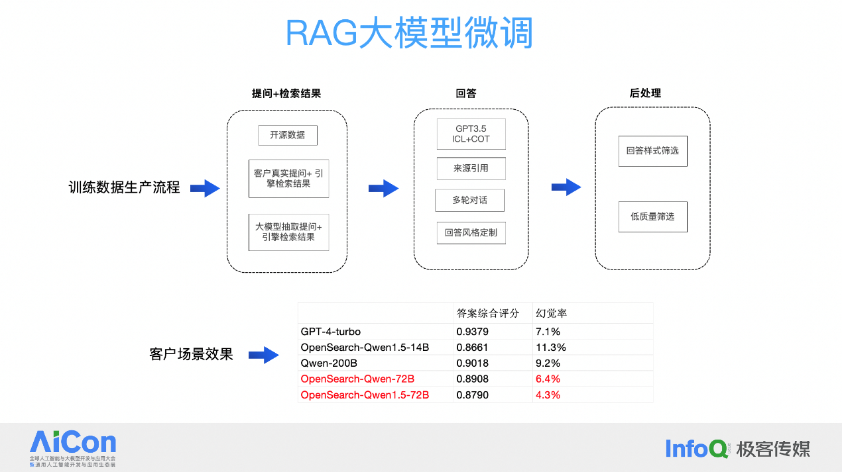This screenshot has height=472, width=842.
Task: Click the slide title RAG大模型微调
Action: pos(409,33)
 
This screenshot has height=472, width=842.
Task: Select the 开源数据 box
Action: pos(287,135)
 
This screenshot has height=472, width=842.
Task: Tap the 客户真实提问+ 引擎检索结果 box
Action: pos(288,178)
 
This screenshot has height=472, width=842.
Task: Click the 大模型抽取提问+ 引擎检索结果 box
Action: pos(288,232)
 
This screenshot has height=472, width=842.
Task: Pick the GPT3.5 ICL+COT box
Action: pos(471,134)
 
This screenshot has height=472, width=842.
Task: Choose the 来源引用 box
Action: pos(471,169)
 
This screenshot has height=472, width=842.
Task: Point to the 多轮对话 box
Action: pos(469,200)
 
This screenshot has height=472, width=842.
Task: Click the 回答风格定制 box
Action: pos(471,232)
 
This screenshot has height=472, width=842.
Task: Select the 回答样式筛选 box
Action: pos(652,151)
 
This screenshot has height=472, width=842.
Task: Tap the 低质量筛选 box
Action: pos(652,216)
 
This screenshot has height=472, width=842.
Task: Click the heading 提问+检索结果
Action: pos(286,93)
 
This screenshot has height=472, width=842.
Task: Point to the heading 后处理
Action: pos(645,93)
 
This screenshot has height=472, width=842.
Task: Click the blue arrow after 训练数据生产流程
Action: pos(205,189)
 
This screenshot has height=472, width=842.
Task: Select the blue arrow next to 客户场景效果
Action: pos(263,355)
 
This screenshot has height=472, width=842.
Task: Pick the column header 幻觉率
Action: pos(551,313)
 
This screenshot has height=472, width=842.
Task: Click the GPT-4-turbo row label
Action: pos(331,331)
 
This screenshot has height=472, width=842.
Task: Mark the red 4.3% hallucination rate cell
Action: pos(548,395)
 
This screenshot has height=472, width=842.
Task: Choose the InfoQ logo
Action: pos(697,448)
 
